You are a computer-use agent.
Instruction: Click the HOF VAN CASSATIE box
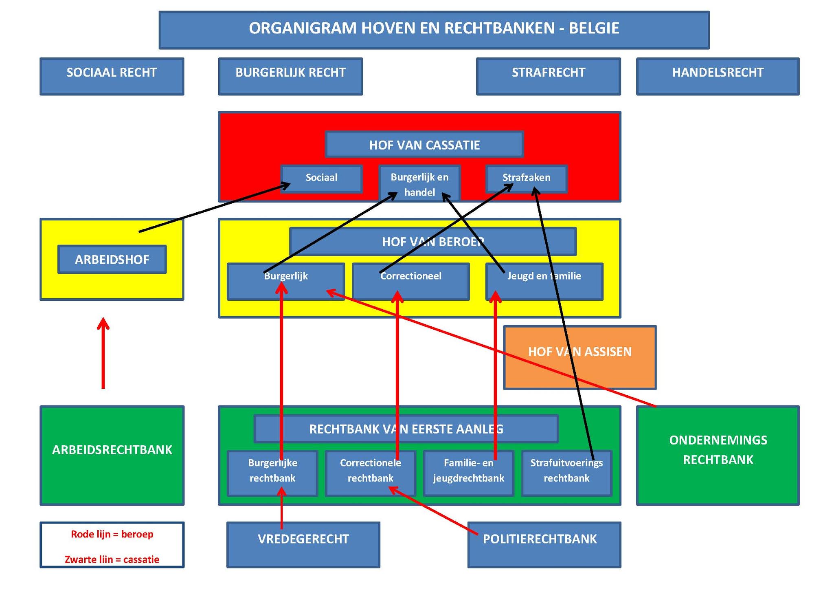tap(424, 145)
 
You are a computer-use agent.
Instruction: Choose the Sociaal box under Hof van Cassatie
tap(321, 178)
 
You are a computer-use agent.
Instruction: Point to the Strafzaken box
tap(526, 178)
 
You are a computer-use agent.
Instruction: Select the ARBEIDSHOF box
tap(112, 260)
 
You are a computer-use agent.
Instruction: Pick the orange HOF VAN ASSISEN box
tap(579, 357)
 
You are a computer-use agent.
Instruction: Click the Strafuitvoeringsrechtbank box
tap(566, 473)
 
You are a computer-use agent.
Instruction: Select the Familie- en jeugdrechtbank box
tap(468, 473)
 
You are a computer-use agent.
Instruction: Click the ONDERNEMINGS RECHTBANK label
tap(718, 450)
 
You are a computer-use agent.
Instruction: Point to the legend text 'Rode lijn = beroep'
tap(112, 534)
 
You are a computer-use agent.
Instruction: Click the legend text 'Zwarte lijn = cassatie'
tap(112, 559)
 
